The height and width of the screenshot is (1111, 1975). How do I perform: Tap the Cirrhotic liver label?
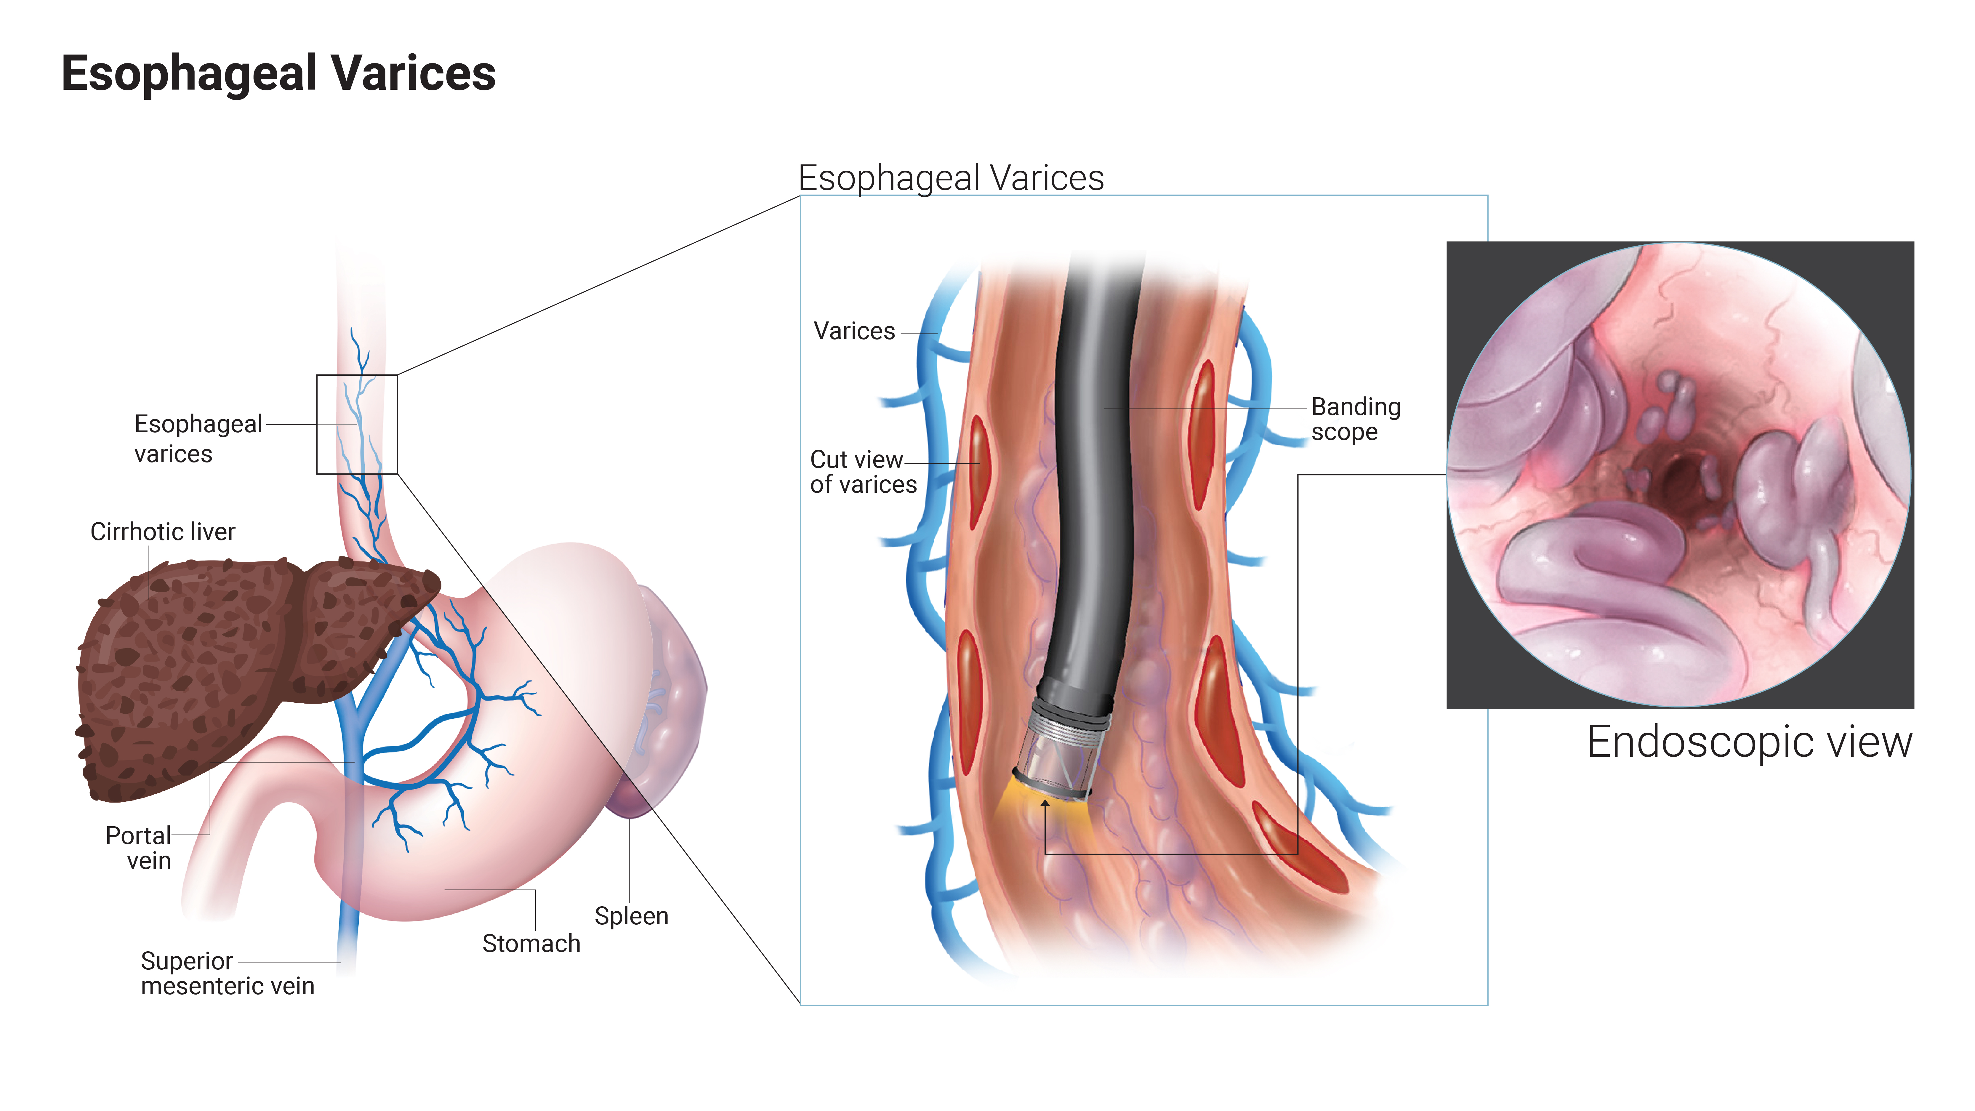[x=163, y=531]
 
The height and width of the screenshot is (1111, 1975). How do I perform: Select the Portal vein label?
[x=139, y=848]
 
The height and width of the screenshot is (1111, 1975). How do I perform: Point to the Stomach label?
[x=531, y=943]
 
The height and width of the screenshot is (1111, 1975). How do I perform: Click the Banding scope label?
[x=1356, y=419]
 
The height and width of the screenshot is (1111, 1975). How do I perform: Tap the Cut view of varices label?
[x=863, y=472]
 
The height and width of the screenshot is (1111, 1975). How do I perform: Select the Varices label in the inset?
[x=854, y=331]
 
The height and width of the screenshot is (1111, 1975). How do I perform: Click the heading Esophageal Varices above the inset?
[x=951, y=178]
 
